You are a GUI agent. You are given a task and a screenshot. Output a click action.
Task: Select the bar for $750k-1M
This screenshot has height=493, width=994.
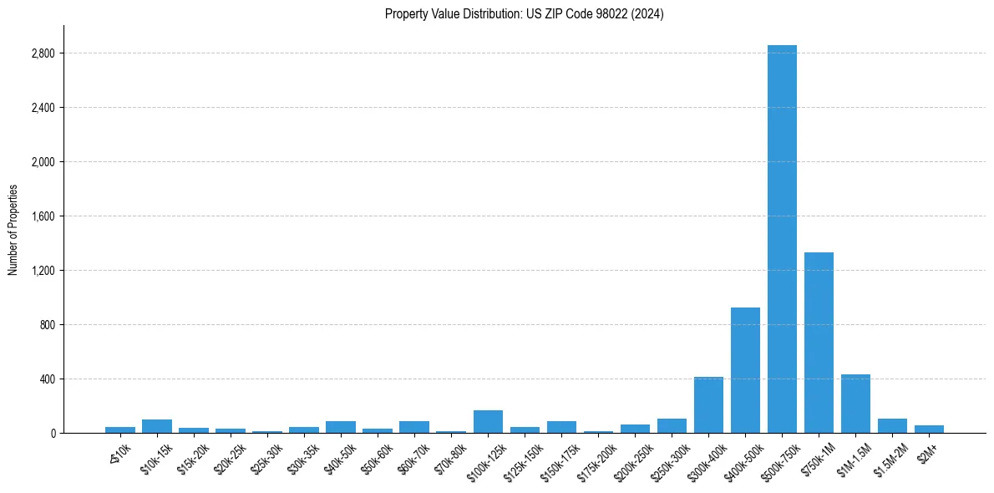pyautogui.click(x=819, y=343)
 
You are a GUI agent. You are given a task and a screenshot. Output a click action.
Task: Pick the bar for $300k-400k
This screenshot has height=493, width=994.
pyautogui.click(x=708, y=405)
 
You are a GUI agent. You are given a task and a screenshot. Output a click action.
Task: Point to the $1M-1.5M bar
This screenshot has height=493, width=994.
pyautogui.click(x=855, y=404)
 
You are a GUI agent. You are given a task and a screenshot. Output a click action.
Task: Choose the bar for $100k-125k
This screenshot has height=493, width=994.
pyautogui.click(x=488, y=422)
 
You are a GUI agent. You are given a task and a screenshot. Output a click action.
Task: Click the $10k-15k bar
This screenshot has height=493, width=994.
pyautogui.click(x=157, y=426)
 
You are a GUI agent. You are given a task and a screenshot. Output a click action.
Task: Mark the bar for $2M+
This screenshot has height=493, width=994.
pyautogui.click(x=929, y=429)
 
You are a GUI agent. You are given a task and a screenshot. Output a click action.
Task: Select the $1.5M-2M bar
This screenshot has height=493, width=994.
pyautogui.click(x=892, y=426)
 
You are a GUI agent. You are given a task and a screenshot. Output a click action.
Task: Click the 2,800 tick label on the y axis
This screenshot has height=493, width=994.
pyautogui.click(x=43, y=53)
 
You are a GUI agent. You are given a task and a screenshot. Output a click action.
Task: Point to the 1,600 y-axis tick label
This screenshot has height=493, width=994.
pyautogui.click(x=43, y=216)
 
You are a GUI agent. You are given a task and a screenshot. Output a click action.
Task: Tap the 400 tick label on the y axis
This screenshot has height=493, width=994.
pyautogui.click(x=48, y=379)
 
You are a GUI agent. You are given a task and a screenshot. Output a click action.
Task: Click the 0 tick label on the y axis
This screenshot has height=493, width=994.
pyautogui.click(x=52, y=434)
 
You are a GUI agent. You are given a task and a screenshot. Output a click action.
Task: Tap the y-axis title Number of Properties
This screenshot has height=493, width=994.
pyautogui.click(x=13, y=230)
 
